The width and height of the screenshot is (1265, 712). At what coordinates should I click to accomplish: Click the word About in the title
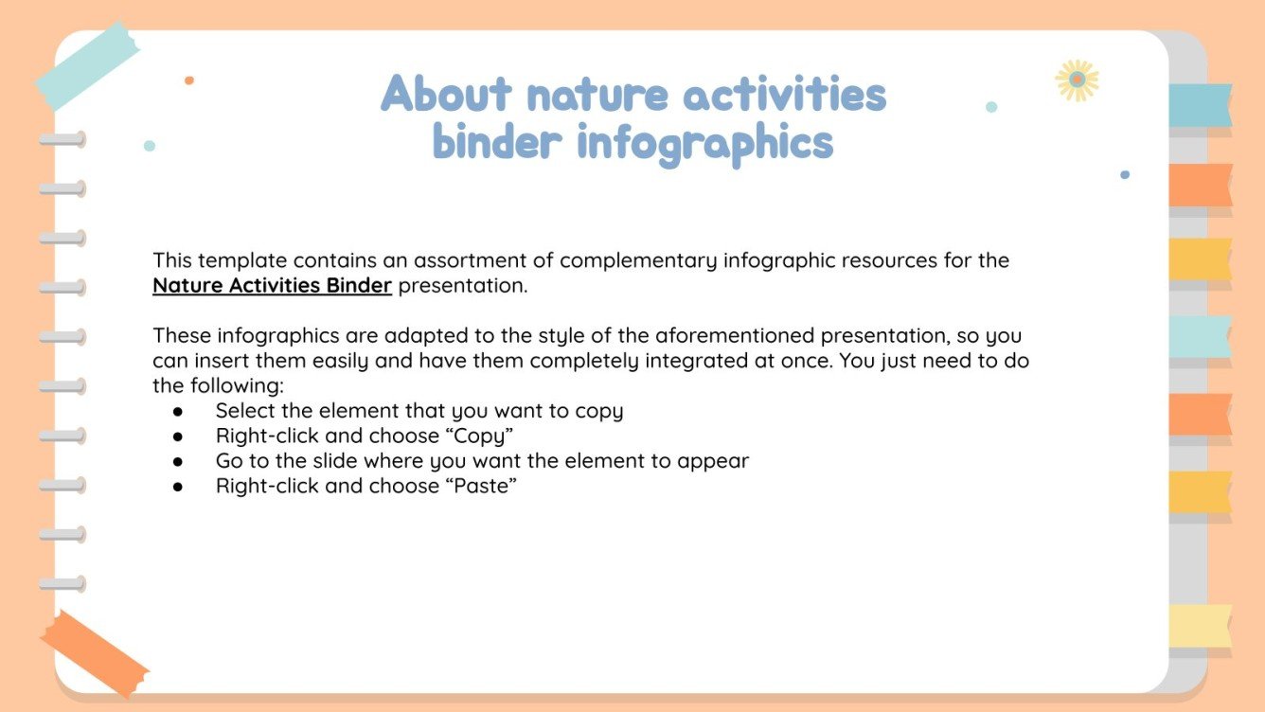446,95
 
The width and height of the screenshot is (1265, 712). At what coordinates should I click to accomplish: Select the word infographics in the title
704,143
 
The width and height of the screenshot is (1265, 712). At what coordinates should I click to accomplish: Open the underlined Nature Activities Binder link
272,286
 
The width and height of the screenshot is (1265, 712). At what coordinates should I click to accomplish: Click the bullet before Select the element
177,412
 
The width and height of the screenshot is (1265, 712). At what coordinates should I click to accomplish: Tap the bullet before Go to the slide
177,462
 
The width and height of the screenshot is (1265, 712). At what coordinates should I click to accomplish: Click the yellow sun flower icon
1077,80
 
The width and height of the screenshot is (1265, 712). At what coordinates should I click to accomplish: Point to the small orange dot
189,80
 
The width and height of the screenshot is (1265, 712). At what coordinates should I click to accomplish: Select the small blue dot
1125,175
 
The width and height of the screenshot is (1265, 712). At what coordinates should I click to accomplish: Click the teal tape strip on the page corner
87,63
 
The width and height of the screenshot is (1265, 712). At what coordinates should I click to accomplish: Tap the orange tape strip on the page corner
94,654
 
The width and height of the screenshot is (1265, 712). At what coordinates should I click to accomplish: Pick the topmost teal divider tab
1200,105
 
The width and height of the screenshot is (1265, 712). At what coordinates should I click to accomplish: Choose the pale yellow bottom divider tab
1200,626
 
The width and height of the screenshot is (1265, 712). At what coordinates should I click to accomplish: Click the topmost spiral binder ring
62,140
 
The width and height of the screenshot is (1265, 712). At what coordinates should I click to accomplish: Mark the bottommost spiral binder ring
62,584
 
